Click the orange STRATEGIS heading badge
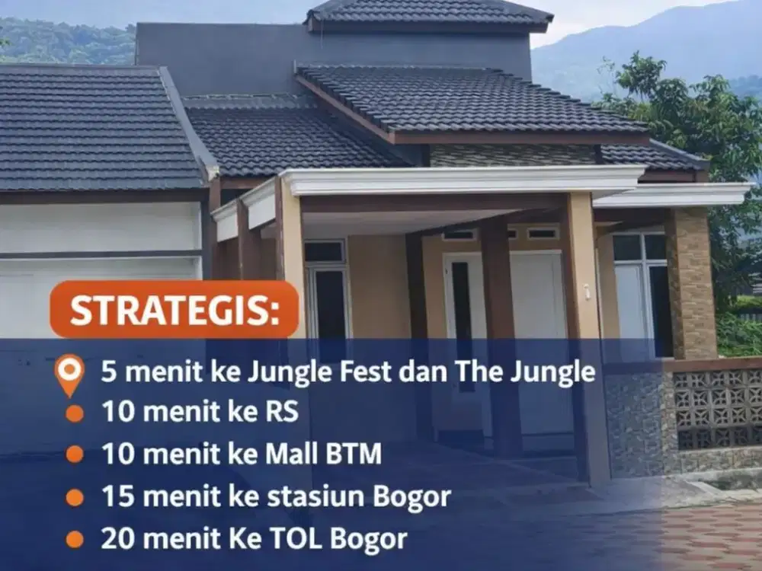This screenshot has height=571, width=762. tap(174, 309)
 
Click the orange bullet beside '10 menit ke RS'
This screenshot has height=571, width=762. tap(74, 413)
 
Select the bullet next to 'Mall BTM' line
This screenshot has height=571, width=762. tap(74, 455)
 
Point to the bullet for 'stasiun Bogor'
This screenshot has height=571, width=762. tap(74, 497)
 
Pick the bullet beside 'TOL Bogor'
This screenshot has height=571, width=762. tap(74, 539)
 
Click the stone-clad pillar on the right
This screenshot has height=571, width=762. tap(691, 282)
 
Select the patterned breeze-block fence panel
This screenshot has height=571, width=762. tap(716, 407)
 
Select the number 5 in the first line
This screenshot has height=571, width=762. tap(108, 372)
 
